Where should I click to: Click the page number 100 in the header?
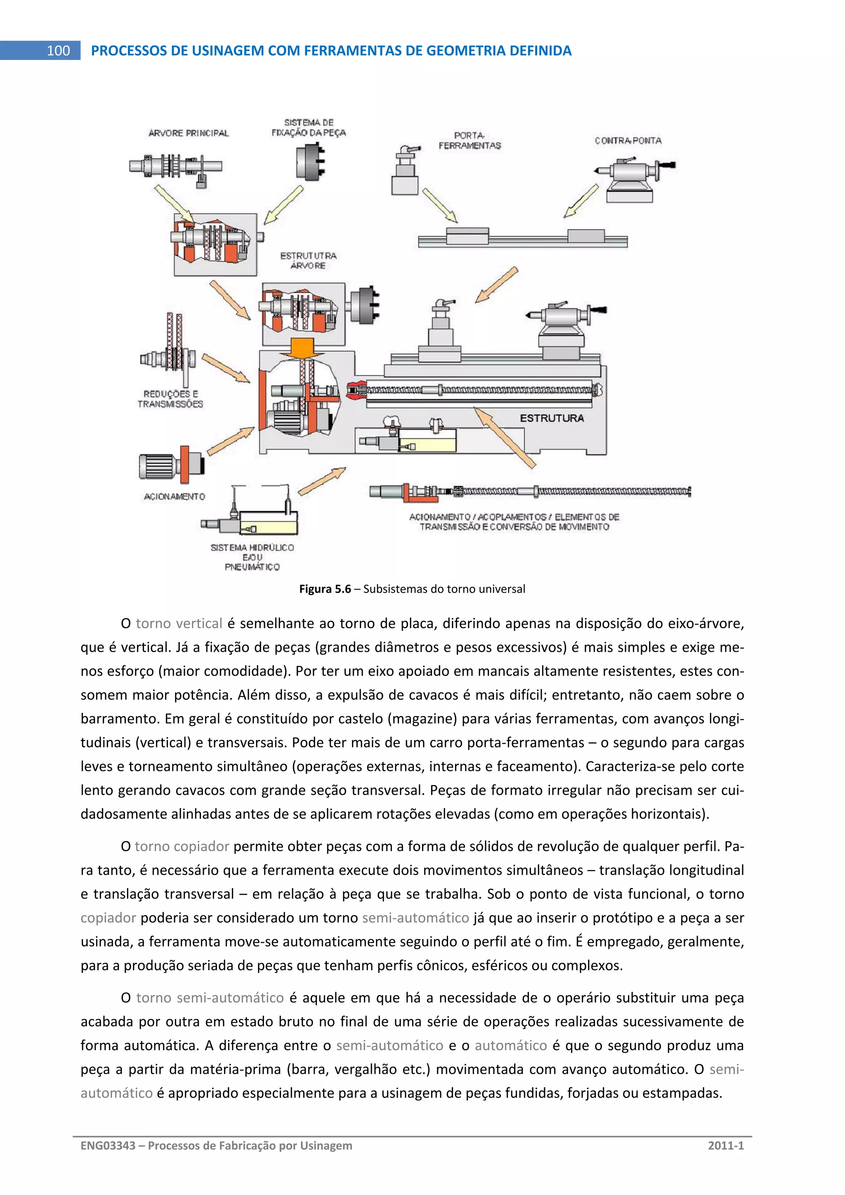point(58,50)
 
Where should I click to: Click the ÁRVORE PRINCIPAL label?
point(189,133)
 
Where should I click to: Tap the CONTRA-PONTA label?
point(628,141)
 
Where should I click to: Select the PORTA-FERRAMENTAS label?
point(469,141)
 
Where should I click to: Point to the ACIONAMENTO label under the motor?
point(175,497)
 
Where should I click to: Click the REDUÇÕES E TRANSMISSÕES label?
point(170,399)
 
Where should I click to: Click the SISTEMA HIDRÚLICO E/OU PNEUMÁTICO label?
point(252,557)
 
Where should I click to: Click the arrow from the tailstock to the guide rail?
point(581,201)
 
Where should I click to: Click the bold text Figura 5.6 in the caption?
point(325,589)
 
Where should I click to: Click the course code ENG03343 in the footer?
point(108,1145)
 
